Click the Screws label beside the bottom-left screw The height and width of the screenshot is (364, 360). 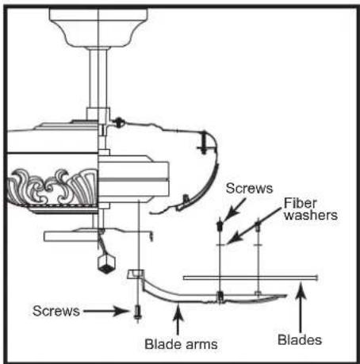(56, 311)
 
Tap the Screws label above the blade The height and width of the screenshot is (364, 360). (249, 189)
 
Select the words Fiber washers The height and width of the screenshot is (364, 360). (311, 209)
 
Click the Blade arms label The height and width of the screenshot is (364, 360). (181, 344)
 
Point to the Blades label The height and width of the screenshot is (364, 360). (300, 339)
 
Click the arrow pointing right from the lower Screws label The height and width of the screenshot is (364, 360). (106, 311)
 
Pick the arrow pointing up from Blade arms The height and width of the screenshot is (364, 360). (178, 320)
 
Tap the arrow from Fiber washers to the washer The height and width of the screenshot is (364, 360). (255, 225)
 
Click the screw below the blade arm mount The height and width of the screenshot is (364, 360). (137, 313)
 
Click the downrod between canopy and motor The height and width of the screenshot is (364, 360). (98, 79)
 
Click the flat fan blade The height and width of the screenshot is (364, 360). (251, 278)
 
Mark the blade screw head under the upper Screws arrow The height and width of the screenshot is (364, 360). (220, 224)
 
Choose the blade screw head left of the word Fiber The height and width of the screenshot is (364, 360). (259, 225)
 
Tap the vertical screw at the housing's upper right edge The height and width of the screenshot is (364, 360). (204, 143)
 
